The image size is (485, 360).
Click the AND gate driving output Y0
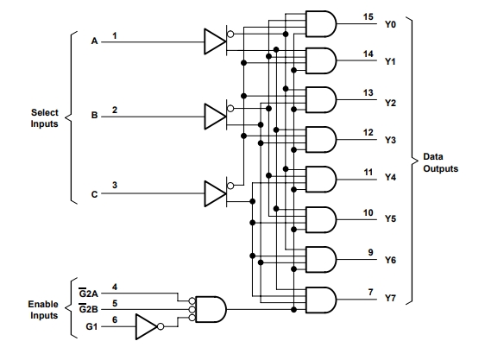click(x=321, y=24)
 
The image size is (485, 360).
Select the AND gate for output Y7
click(x=321, y=300)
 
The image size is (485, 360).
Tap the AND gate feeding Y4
click(x=321, y=180)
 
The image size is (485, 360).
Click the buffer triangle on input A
click(x=215, y=41)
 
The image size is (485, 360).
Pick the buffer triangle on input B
click(x=215, y=117)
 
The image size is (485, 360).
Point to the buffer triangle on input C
click(x=215, y=193)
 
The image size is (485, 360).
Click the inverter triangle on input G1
click(x=147, y=326)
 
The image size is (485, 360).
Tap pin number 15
click(x=368, y=16)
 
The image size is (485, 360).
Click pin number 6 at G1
click(x=115, y=319)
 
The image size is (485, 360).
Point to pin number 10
click(x=368, y=213)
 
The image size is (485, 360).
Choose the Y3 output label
click(x=390, y=140)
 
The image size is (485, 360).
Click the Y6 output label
click(x=390, y=260)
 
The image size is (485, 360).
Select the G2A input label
click(x=89, y=293)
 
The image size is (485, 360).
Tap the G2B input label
click(x=89, y=309)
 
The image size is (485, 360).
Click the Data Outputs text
click(x=440, y=162)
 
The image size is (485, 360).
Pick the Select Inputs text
click(x=45, y=118)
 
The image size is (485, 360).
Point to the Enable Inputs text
click(x=43, y=310)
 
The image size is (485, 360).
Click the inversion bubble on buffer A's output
click(x=230, y=34)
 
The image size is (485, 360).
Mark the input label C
click(x=94, y=194)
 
